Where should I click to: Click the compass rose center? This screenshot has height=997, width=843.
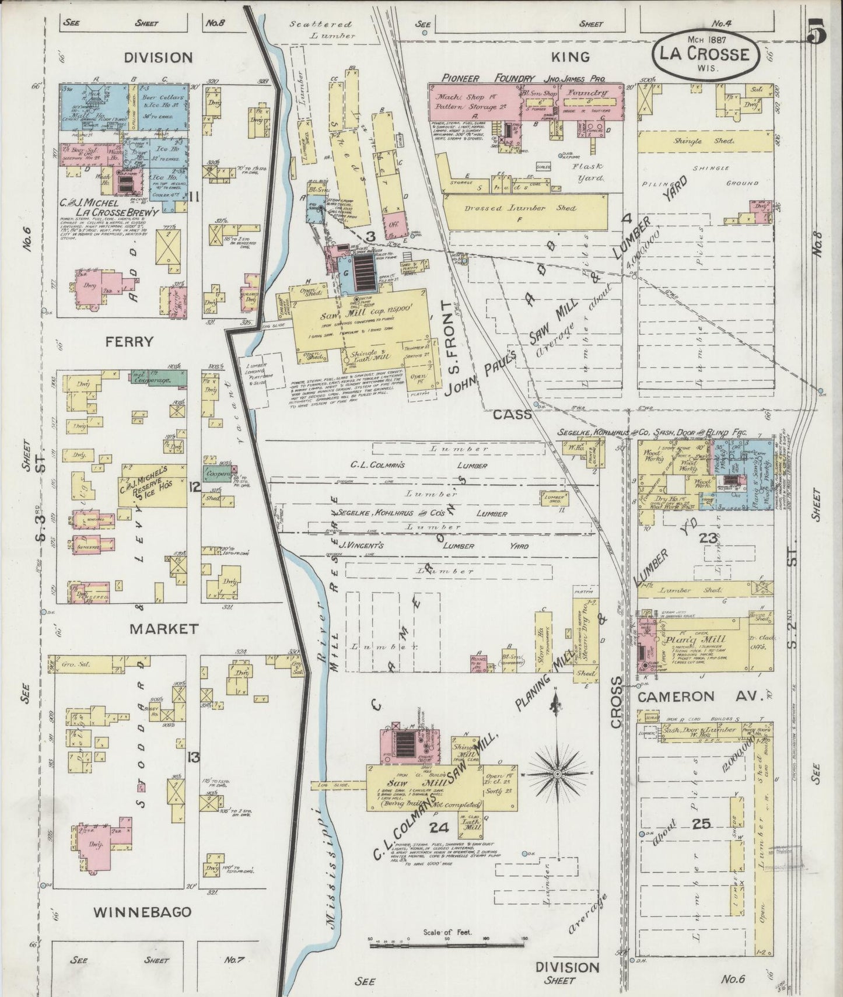(x=557, y=774)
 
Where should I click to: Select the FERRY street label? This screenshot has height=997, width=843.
(x=130, y=342)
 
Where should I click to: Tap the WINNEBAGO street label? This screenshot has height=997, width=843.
(x=142, y=912)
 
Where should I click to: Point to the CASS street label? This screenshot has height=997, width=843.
(x=512, y=415)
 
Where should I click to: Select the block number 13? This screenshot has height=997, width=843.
(x=193, y=758)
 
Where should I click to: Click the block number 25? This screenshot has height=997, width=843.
(x=701, y=824)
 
